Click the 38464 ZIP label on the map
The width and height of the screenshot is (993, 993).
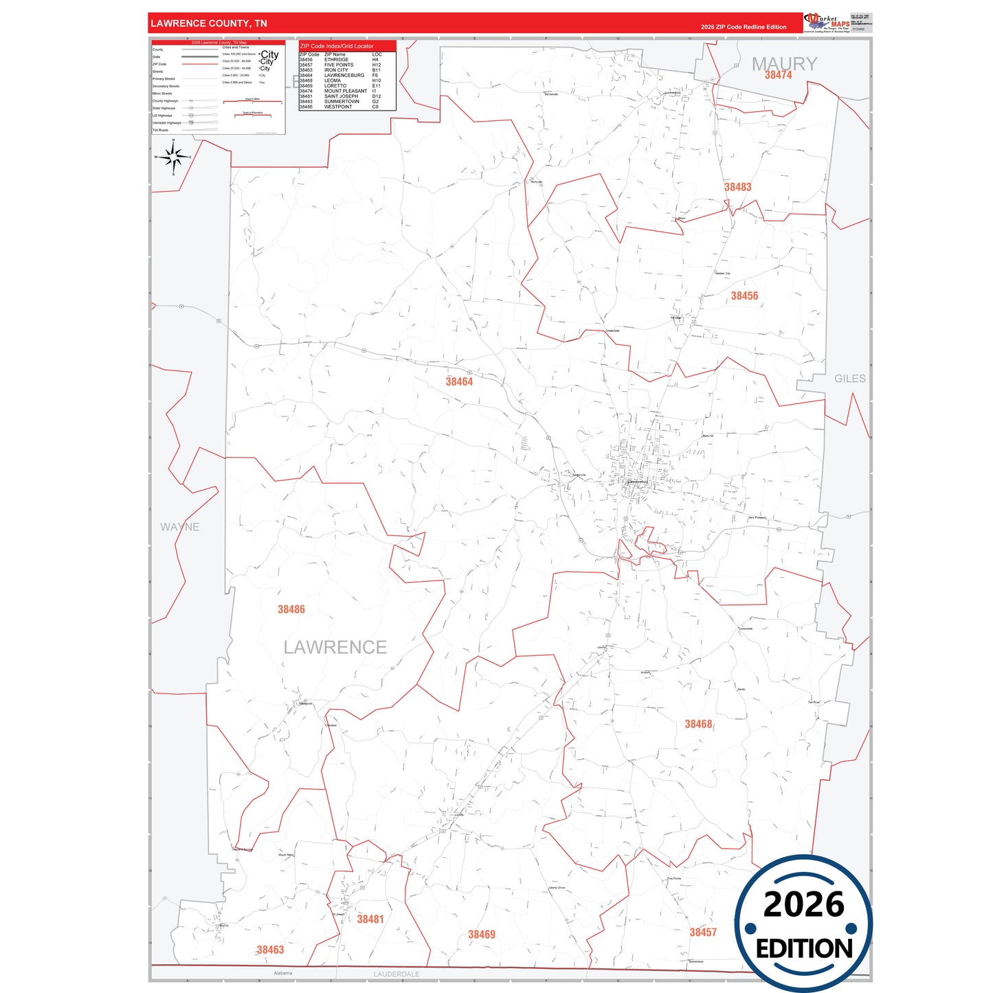[x=459, y=382]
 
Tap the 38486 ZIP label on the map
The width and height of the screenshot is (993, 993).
[x=291, y=610]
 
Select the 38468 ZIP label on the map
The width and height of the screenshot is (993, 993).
[x=698, y=724]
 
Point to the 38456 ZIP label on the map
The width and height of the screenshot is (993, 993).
[x=744, y=296]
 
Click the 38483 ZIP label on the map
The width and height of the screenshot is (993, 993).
[x=737, y=187]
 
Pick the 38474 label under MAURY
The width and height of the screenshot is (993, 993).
[x=778, y=76]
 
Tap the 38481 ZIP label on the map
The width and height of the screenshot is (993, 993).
[x=370, y=919]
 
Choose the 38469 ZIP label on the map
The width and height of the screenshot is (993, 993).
[x=482, y=935]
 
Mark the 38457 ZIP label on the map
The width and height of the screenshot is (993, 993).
[x=703, y=933]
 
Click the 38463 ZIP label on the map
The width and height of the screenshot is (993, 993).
[x=270, y=950]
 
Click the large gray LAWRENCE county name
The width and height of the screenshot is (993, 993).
[x=335, y=647]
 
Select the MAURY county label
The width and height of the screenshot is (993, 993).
[x=784, y=63]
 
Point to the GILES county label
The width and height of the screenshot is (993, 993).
[x=850, y=379]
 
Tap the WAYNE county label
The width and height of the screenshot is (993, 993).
[x=180, y=527]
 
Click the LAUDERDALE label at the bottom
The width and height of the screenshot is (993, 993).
[x=397, y=974]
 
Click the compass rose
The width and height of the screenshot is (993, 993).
[x=173, y=157]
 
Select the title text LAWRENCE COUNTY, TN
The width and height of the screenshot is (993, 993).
[x=209, y=23]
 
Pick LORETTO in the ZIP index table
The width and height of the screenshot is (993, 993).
[x=335, y=86]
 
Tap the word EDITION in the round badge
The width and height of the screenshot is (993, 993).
[x=804, y=949]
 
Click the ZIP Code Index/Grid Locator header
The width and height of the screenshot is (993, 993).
[x=337, y=46]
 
